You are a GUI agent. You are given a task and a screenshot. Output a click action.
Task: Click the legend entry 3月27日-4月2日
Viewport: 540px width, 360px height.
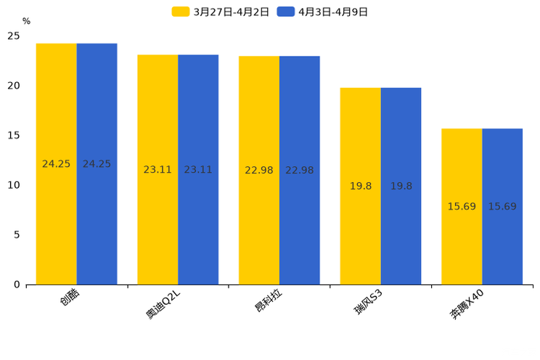[221, 12]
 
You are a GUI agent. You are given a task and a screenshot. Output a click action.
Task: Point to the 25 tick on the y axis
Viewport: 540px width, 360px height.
[14, 36]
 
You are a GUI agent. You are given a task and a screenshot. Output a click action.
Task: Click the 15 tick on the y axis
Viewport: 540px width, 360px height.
[14, 136]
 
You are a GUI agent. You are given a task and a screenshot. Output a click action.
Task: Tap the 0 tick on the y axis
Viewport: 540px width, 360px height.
[17, 285]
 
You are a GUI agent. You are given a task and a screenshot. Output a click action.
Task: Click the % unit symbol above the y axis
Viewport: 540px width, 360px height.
[26, 22]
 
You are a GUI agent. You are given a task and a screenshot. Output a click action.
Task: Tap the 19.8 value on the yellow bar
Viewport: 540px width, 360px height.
[361, 187]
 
